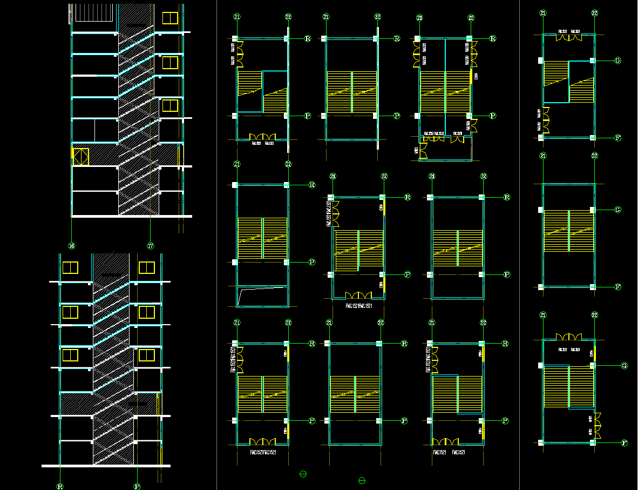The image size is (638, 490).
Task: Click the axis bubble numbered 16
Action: coord(72,246)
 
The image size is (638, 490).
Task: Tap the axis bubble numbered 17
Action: coord(151,246)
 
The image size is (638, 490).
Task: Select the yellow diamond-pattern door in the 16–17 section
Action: coord(81,157)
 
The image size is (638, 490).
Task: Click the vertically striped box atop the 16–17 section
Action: coord(93,13)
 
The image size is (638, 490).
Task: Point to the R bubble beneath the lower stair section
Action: coord(60,486)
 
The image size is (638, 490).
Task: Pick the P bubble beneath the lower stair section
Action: coord(138,486)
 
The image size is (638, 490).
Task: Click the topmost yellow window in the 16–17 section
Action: coord(170,18)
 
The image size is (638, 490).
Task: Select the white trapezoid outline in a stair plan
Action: coord(262,297)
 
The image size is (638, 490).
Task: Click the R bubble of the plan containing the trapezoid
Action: coord(311,185)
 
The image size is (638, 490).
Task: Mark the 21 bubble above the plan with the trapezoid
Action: coord(237,164)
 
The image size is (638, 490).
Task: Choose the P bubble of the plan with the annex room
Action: coord(493,116)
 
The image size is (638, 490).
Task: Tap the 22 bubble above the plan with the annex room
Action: coord(471,18)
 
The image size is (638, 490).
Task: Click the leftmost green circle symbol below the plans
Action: coord(303,474)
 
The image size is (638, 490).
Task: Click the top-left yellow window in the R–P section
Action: coord(70,267)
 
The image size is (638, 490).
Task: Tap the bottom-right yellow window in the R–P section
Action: coord(147,355)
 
